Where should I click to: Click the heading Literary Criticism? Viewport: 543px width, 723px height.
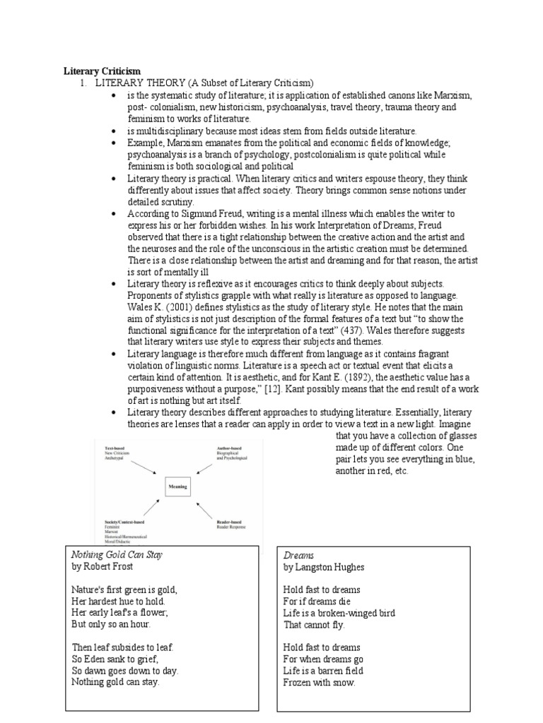tap(102, 71)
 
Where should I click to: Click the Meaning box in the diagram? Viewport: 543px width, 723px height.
tap(177, 486)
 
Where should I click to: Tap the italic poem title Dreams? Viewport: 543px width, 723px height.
tap(299, 555)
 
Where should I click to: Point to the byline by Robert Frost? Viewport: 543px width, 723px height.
tap(102, 567)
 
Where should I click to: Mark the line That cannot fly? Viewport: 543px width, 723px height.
tap(314, 625)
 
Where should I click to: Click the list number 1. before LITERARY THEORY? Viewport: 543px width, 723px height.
tap(81, 83)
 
